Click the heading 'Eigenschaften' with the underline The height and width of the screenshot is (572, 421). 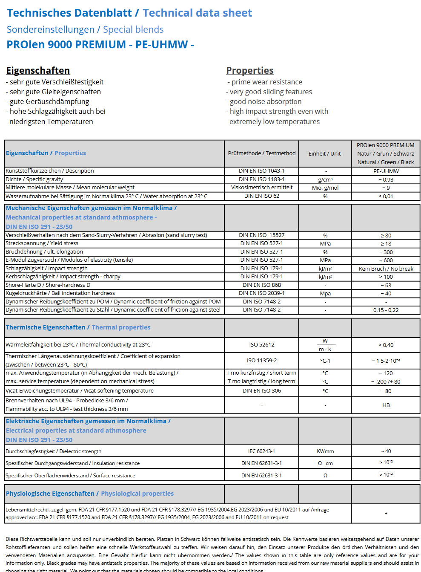coord(38,71)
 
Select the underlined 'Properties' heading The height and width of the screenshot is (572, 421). coord(250,71)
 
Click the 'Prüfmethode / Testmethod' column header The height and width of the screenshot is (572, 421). coord(261,153)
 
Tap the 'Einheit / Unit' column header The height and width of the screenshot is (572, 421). coord(325,153)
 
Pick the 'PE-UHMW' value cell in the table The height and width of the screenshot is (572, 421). coord(386,171)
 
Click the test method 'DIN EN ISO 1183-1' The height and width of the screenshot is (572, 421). coord(261,179)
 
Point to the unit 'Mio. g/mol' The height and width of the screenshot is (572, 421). coord(325,188)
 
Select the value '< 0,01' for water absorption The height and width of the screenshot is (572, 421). coord(386,196)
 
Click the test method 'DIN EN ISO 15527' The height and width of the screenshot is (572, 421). coord(261,235)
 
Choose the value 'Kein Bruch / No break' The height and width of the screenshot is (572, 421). coord(386,269)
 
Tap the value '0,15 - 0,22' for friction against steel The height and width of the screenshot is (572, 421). coord(386,310)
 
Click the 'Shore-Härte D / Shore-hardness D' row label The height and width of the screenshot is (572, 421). coord(48,285)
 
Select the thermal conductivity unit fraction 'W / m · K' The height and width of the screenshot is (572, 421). coord(325,345)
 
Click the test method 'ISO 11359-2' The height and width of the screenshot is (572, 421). coord(261,361)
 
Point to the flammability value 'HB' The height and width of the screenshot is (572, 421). coord(386,405)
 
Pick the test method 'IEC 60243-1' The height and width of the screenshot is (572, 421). coord(261,451)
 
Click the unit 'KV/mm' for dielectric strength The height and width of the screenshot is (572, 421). coord(325,451)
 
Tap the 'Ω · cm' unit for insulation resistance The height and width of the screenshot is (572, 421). coord(325,463)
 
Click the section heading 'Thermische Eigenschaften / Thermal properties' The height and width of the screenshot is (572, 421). coord(78,327)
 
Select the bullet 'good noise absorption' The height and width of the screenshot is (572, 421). coord(265,102)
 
